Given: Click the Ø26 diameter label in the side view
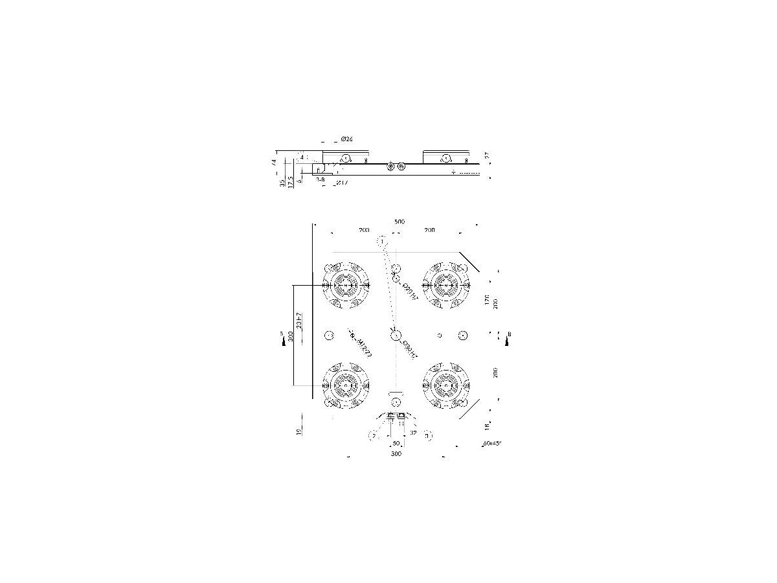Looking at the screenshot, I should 346,139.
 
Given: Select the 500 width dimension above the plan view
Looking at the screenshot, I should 399,222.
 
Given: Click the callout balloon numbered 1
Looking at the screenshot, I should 382,242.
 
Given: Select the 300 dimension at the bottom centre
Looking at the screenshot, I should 396,454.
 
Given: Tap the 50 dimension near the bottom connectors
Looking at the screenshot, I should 396,444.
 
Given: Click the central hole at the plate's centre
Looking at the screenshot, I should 396,335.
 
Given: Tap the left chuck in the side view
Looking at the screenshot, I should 345,157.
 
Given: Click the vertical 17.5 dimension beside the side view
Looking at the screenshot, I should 291,182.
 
